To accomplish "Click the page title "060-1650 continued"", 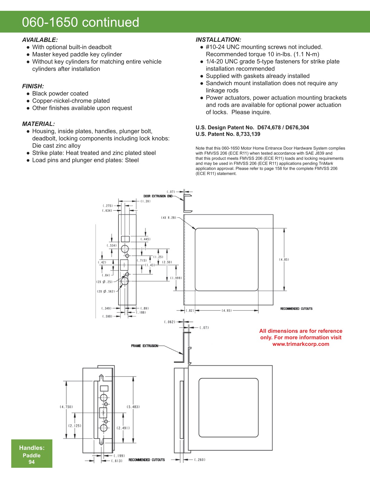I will coord(80,22).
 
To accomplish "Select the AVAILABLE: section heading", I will coord(40,40).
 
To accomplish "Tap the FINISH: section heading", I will coord(33,86).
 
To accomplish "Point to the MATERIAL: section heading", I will coord(38,124).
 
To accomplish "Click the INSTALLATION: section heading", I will coord(218,40).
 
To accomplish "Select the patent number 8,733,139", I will coord(248,134).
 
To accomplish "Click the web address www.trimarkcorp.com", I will coord(301,344).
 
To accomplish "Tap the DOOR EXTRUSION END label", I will coord(158,196).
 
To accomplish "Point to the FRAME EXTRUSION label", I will coord(144,346).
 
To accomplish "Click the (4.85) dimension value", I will coord(284,260).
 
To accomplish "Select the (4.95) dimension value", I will coord(227,311).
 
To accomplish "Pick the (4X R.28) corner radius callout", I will coord(169,218).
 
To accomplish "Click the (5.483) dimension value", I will coord(133,407).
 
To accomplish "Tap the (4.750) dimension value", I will coord(66,407).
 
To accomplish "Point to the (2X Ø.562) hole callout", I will coord(106,292).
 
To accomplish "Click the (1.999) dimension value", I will coord(176,278).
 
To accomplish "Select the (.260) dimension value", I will coord(200,460).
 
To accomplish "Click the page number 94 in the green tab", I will coord(31,462).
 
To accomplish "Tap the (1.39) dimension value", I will coord(146,201).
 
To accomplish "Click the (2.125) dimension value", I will coord(75,426).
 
